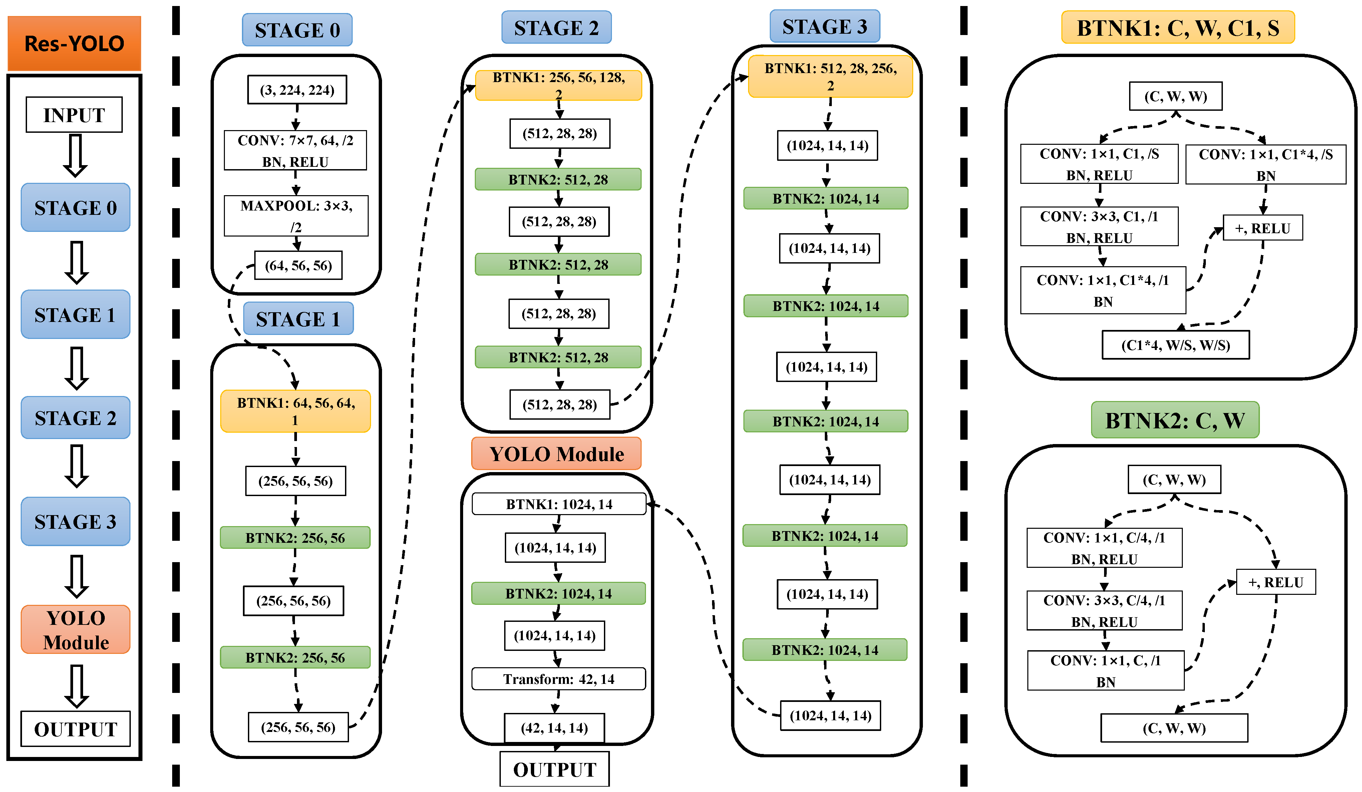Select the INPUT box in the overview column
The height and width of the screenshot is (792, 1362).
tap(74, 114)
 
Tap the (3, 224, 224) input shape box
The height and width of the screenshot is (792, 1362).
tap(297, 90)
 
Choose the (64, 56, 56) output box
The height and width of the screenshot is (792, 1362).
tap(298, 265)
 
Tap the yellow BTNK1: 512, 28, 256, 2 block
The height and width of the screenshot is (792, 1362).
tap(830, 76)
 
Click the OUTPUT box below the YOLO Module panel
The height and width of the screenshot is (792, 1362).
tap(555, 769)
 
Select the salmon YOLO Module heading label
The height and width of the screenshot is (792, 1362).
tap(556, 454)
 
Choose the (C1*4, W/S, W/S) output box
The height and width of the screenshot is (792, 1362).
tap(1175, 345)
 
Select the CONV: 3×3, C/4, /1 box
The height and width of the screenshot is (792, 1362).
tap(1104, 611)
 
